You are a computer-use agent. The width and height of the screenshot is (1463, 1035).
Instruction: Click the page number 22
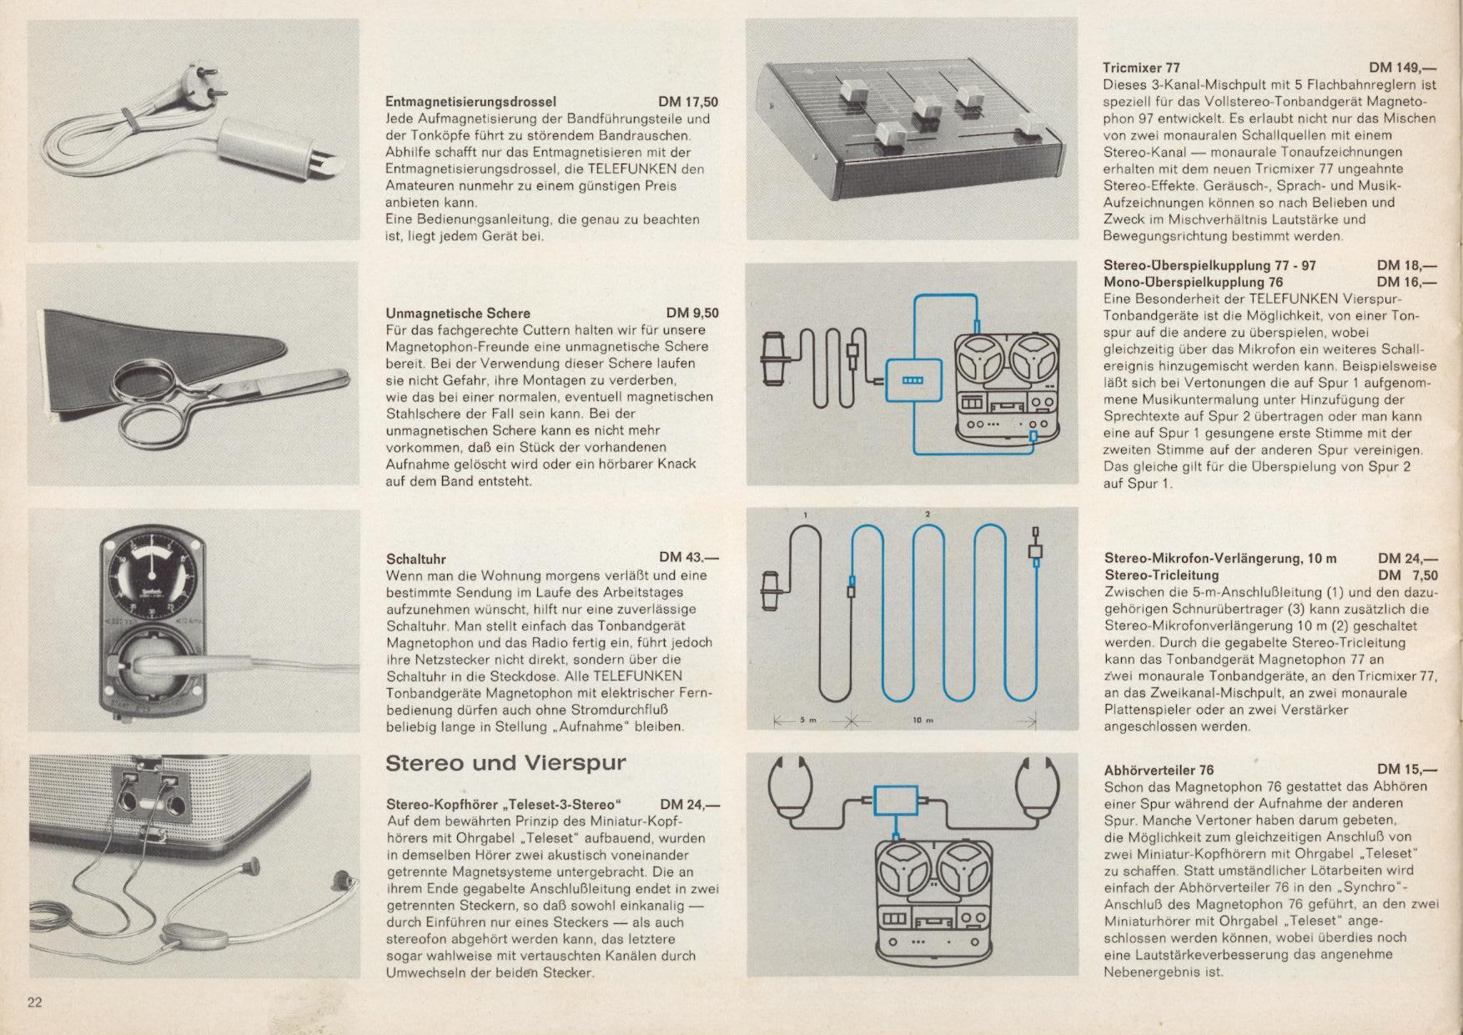(x=34, y=1002)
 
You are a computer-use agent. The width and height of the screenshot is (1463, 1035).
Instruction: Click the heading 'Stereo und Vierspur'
(x=505, y=763)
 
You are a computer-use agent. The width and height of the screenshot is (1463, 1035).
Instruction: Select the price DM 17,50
(x=688, y=102)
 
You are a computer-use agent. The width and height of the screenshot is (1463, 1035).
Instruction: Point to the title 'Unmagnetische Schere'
(x=458, y=314)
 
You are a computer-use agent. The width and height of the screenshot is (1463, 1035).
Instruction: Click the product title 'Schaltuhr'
(x=416, y=559)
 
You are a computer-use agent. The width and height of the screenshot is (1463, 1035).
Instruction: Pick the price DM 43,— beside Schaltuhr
(x=689, y=557)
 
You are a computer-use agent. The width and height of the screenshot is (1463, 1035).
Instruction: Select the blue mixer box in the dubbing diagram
(x=914, y=380)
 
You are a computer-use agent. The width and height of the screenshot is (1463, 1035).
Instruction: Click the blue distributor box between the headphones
(x=895, y=801)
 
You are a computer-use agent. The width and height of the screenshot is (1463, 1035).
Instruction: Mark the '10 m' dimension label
(x=923, y=720)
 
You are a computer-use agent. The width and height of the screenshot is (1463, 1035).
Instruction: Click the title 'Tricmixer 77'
(x=1141, y=68)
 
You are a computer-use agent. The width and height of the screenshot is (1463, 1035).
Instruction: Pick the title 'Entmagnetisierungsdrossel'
(x=470, y=102)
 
